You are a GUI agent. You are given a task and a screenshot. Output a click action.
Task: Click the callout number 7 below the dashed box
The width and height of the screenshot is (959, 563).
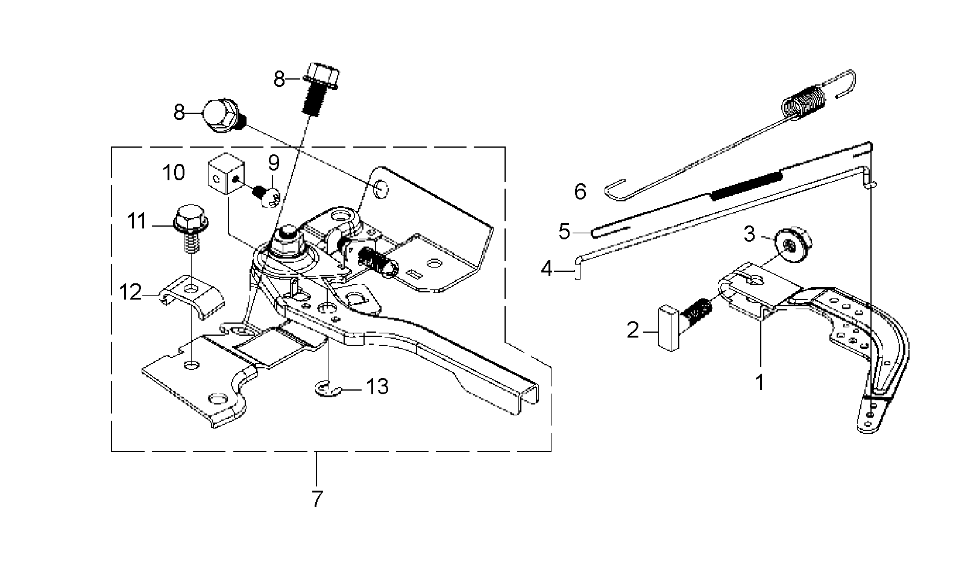(x=316, y=499)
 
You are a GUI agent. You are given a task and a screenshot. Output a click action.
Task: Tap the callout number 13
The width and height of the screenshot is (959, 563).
(x=377, y=386)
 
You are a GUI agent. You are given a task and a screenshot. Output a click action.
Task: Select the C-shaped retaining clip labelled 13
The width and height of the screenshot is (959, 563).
(x=327, y=389)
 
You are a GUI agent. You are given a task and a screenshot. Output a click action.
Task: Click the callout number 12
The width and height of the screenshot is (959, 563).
(x=130, y=292)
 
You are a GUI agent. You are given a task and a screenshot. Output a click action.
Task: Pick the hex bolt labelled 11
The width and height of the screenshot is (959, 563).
(x=189, y=227)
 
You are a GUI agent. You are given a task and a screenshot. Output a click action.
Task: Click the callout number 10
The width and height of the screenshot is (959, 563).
(x=174, y=172)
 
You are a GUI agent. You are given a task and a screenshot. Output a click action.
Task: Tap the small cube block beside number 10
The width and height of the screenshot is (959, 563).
(x=226, y=174)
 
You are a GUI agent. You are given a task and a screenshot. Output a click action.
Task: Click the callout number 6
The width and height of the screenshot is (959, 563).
(x=580, y=192)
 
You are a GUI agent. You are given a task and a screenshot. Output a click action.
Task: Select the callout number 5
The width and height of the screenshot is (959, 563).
(x=565, y=231)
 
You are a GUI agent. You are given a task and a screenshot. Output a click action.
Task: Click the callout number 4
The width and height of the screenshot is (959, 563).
(x=547, y=269)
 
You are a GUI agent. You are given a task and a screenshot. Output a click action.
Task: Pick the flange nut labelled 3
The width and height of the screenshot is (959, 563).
(x=793, y=247)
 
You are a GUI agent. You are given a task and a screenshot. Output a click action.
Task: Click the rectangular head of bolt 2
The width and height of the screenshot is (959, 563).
(x=668, y=328)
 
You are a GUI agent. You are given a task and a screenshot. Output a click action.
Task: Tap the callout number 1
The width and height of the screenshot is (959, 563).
(x=759, y=383)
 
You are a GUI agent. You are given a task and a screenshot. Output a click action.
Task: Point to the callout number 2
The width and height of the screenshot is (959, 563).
(x=633, y=330)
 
